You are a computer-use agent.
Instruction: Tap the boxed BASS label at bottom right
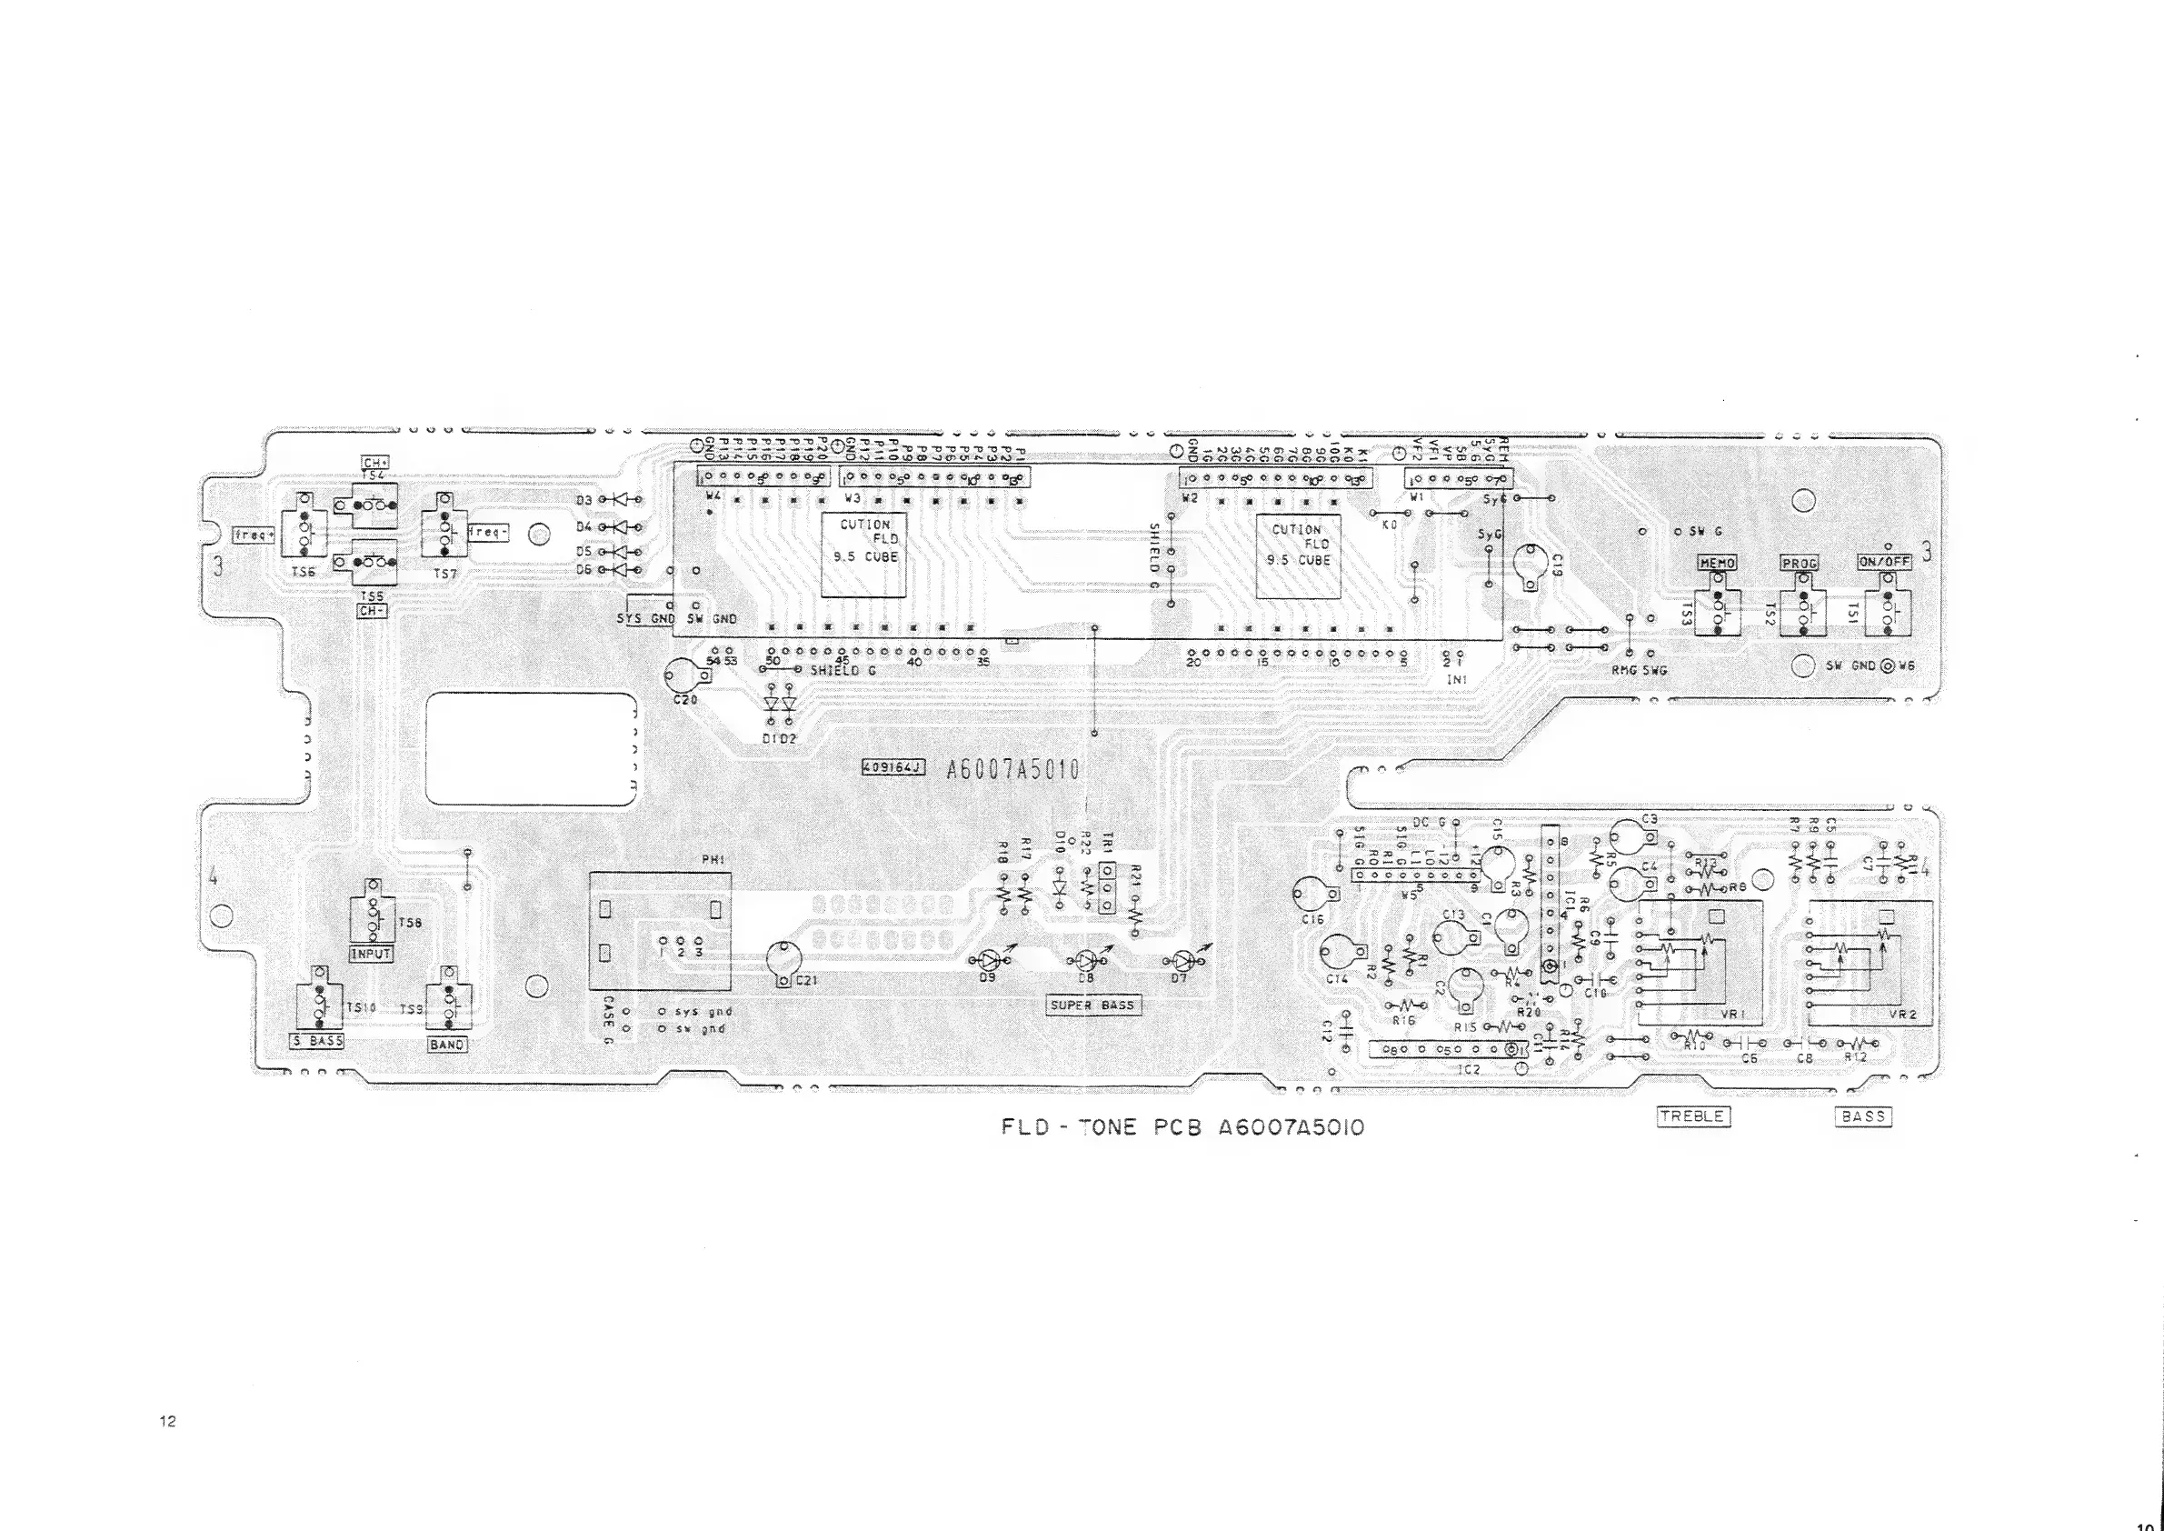click(x=1863, y=1116)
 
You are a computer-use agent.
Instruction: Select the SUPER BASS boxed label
click(x=1092, y=1005)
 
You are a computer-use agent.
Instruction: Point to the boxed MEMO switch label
click(x=1716, y=563)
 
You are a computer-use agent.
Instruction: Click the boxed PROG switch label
click(x=1800, y=563)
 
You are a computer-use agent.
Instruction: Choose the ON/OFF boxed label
click(x=1884, y=562)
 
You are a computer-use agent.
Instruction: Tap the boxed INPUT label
click(x=371, y=953)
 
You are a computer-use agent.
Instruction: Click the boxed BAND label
click(x=447, y=1045)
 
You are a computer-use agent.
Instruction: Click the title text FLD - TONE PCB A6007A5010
click(x=1182, y=1127)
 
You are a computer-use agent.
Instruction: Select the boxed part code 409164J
click(x=893, y=768)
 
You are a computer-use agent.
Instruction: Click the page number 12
click(x=168, y=1422)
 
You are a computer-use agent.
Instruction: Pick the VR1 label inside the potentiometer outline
click(x=1732, y=1015)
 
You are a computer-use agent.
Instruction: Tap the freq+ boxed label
click(x=253, y=535)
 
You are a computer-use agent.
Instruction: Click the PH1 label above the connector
click(x=713, y=860)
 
